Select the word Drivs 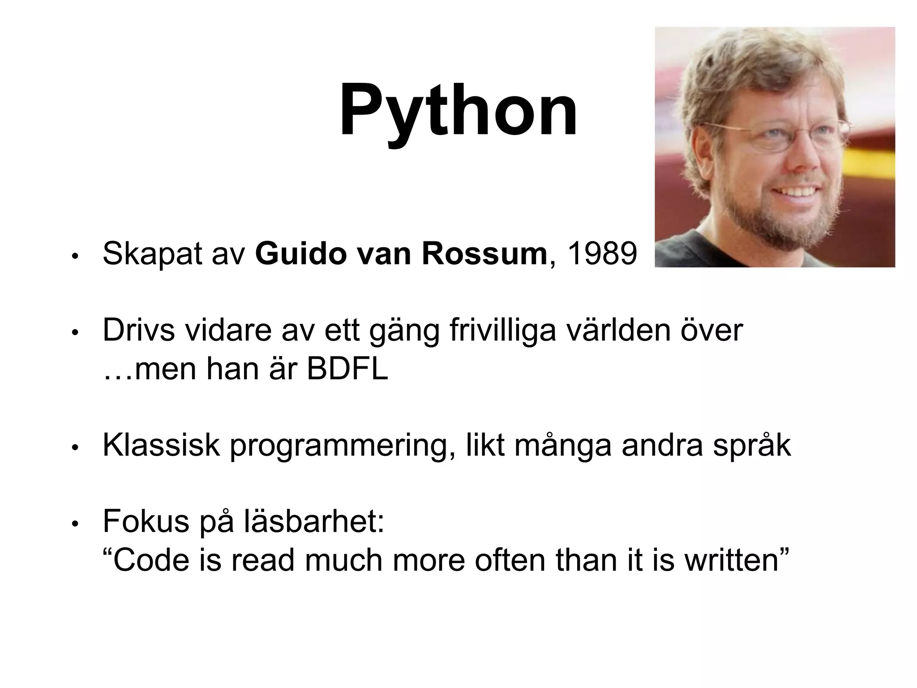[138, 331]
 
